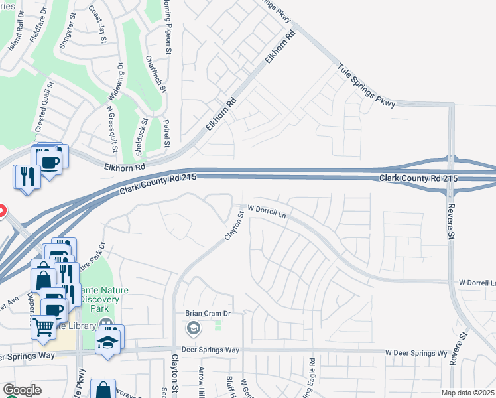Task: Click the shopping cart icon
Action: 43,326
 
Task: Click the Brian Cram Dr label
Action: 206,312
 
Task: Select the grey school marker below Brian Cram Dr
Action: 193,327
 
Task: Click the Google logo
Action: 22,390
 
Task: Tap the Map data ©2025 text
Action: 467,393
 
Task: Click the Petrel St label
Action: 167,133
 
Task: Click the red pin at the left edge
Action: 1,212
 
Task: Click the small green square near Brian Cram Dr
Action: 217,326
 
